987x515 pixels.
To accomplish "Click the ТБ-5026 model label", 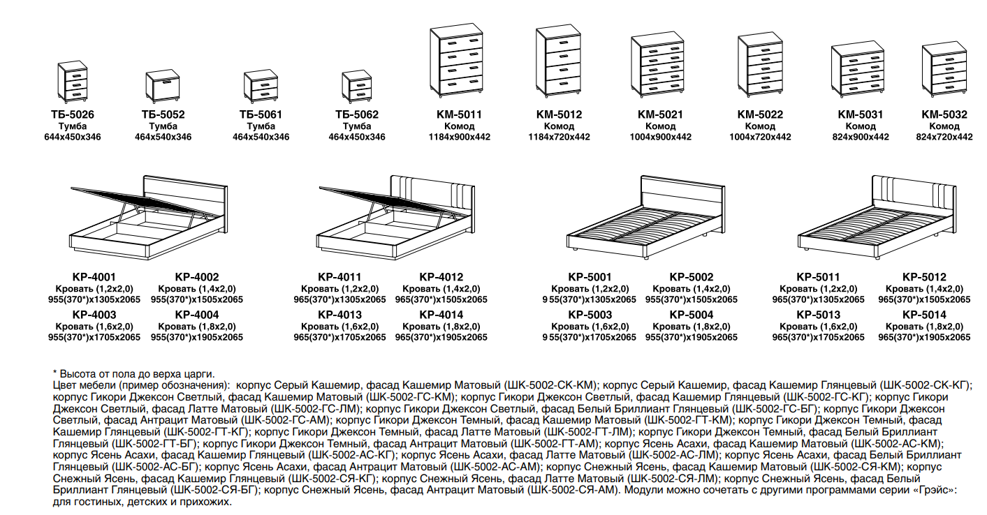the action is [73, 114].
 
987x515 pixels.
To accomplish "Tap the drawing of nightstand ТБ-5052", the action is [163, 86].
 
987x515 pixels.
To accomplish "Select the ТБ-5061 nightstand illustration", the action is [261, 86].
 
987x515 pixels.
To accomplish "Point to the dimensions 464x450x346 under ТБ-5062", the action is [357, 137].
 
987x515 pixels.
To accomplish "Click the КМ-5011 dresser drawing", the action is [457, 60].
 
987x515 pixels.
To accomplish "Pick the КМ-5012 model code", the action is [559, 114].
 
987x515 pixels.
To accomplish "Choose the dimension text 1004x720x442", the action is [760, 137].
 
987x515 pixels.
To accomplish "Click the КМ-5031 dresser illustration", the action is [858, 70].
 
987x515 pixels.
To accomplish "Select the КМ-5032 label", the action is [944, 114].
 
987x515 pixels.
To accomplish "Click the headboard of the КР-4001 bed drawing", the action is [186, 203].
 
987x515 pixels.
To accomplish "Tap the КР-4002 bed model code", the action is [197, 277].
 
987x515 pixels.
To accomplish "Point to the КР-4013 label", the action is [339, 315].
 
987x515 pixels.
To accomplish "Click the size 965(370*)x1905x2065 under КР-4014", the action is [441, 337].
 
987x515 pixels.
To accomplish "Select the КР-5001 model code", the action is [590, 277].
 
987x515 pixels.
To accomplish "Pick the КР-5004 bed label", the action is [692, 315].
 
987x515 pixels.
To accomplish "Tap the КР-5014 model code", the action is [924, 315].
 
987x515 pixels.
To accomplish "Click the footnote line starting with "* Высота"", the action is [134, 374].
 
